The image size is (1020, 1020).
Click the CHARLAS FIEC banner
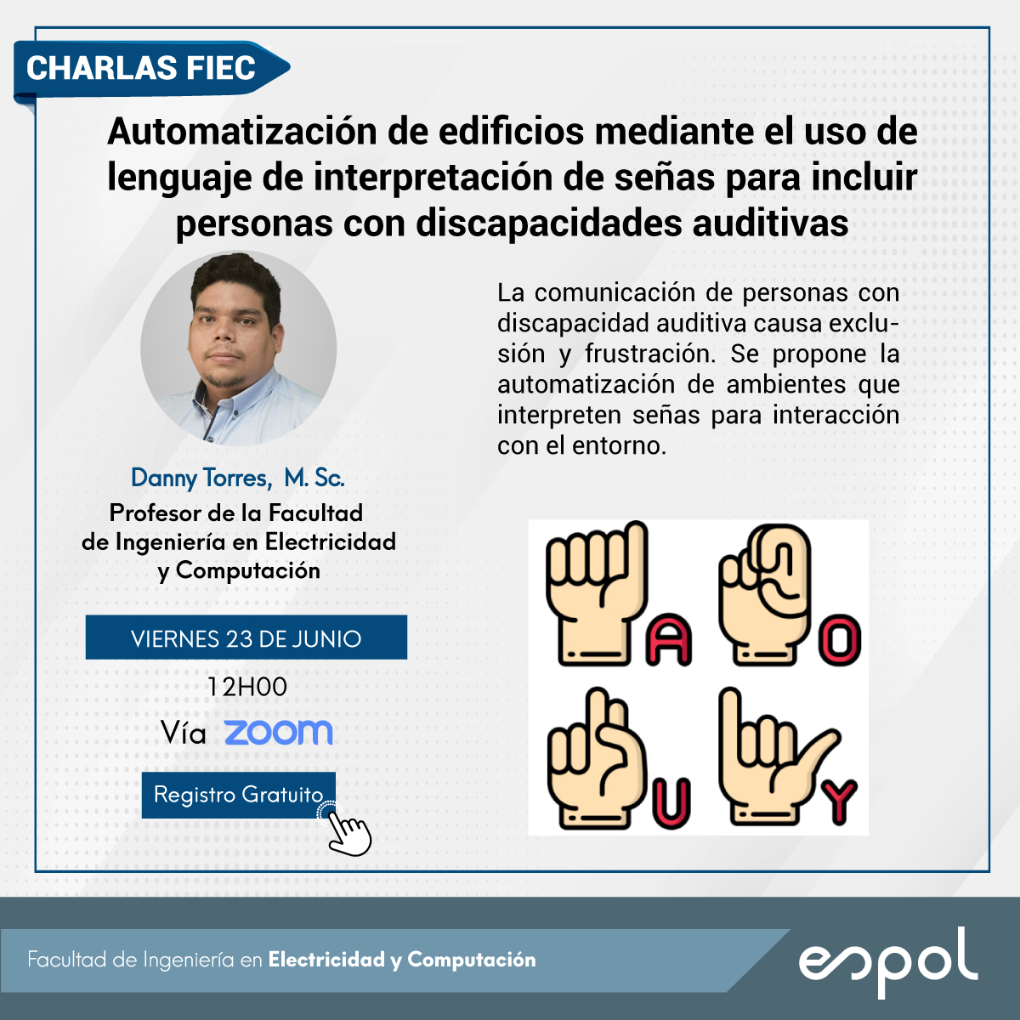click(151, 70)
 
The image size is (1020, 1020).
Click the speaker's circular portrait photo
click(238, 348)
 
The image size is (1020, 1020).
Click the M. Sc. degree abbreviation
click(314, 478)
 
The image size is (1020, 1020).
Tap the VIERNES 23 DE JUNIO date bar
click(246, 637)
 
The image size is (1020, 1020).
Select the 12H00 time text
click(246, 687)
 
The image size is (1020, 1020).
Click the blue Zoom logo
click(279, 733)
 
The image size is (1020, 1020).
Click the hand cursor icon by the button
click(347, 829)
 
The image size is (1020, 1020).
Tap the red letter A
click(670, 639)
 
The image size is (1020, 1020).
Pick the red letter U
click(671, 803)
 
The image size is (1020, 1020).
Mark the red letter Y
click(838, 802)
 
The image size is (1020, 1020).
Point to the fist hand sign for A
click(597, 592)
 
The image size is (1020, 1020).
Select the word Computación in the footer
click(472, 959)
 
